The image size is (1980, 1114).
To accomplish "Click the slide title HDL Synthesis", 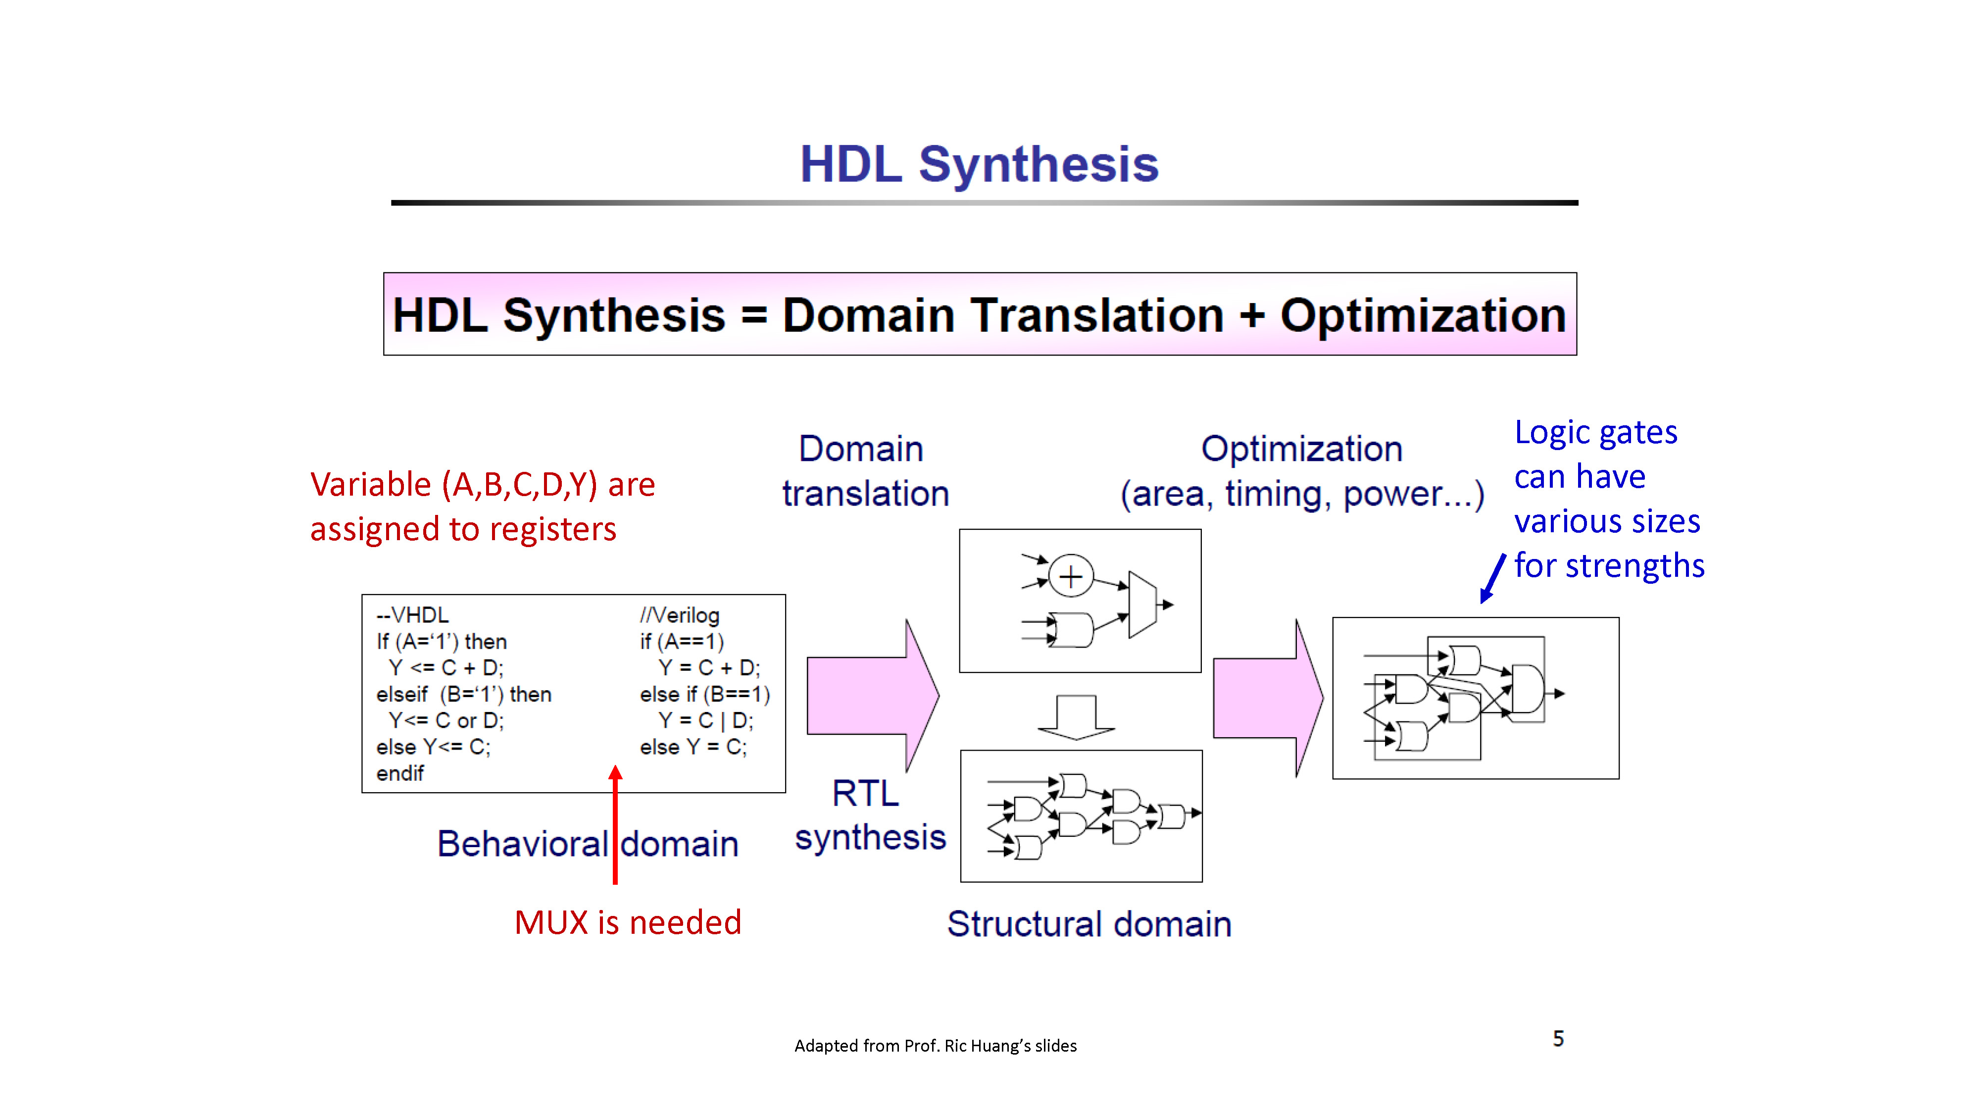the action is [979, 164].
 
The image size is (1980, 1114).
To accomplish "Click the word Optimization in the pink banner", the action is [1423, 315].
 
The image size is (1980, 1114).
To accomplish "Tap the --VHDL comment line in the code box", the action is [412, 615].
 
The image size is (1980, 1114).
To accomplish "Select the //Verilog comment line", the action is [680, 615].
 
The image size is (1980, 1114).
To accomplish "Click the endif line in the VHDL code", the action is [399, 773].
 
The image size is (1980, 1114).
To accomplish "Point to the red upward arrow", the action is [615, 824].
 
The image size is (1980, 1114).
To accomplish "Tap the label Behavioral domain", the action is [587, 844].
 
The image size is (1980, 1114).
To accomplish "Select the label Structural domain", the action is [1089, 924].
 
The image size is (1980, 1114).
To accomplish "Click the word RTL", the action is [865, 793].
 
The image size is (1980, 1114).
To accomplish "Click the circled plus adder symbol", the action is [1071, 576].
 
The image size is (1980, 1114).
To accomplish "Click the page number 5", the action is [1558, 1039].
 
